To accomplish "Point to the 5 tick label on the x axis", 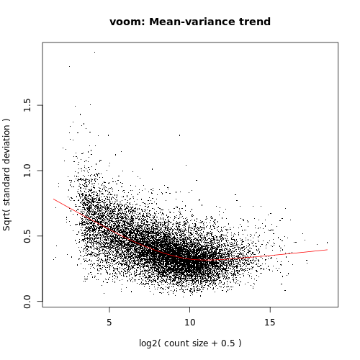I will (x=109, y=322).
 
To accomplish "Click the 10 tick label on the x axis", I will (x=189, y=322).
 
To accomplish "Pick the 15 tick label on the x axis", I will (x=270, y=322).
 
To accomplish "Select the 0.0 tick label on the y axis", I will (x=27, y=301).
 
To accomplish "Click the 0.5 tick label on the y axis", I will (x=27, y=236).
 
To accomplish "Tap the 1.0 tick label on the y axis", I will (x=27, y=171).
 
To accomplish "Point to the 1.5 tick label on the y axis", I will (x=27, y=106).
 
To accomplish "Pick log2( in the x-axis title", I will (x=152, y=343).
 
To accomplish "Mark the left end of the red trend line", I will (x=53, y=199).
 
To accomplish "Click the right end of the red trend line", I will (x=327, y=250).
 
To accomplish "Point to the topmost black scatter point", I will (x=94, y=52).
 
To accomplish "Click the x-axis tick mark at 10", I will (x=189, y=310).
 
